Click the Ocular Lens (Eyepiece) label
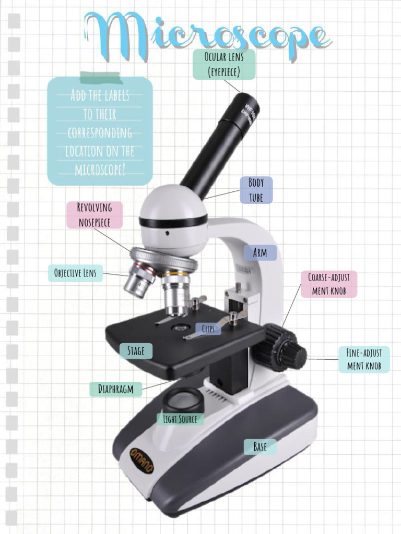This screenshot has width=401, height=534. pos(224,64)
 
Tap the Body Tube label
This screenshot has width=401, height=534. pos(256,190)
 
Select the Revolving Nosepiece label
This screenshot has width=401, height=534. pos(95,215)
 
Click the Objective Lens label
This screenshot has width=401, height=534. pos(75,273)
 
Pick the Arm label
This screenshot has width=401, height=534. pos(260,253)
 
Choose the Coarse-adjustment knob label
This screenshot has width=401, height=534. pos(328,284)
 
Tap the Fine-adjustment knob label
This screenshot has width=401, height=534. pos(363,359)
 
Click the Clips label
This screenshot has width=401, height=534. pos(208,329)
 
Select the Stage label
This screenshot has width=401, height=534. pos(136,351)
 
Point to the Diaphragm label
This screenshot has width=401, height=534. pos(115,389)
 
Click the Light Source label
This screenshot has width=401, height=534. pos(180,419)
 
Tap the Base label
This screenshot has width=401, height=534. pos(260,446)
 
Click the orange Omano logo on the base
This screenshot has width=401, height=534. pos(141,459)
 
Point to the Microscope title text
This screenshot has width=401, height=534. pos(207,35)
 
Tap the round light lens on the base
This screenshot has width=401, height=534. pos(182,400)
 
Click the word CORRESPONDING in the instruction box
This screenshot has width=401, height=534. pos(99,133)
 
